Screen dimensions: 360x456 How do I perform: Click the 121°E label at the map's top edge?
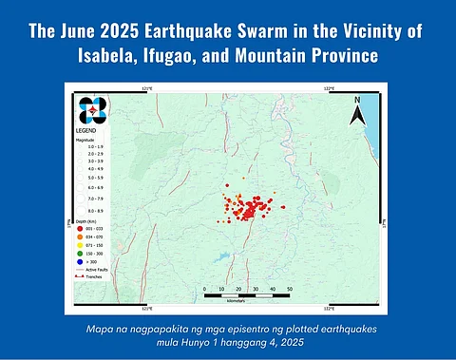tap(145, 86)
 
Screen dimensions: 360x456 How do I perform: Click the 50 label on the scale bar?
tap(289, 289)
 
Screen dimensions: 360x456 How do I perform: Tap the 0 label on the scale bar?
tap(205, 289)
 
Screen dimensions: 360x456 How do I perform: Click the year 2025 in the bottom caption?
tap(286, 342)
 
